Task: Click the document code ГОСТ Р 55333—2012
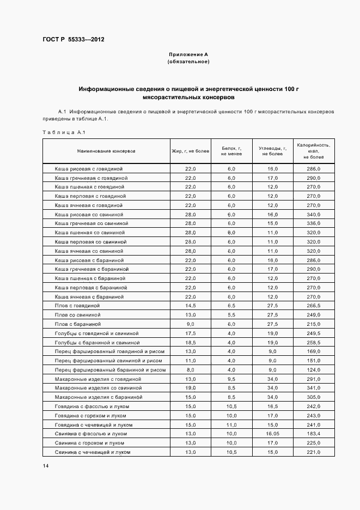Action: (x=74, y=40)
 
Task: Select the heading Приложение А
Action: (x=188, y=54)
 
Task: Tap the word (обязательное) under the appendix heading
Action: (x=188, y=62)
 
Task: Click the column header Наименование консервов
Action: (x=106, y=151)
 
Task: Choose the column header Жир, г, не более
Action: (x=190, y=151)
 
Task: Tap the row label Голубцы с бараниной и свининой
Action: (x=97, y=342)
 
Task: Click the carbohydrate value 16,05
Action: (x=272, y=434)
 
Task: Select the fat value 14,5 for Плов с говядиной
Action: (x=190, y=306)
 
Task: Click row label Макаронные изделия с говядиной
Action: (x=98, y=379)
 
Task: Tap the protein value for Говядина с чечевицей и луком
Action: (x=231, y=424)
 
